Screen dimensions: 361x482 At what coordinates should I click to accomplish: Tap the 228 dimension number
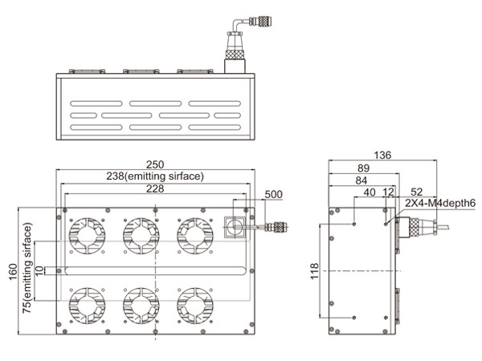155,189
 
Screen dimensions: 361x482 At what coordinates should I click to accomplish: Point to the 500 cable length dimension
273,195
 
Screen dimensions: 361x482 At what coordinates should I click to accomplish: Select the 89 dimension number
363,168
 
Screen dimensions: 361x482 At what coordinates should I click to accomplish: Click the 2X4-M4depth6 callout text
439,204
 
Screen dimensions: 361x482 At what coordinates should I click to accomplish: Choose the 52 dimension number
416,193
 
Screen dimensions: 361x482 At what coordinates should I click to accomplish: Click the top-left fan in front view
86,233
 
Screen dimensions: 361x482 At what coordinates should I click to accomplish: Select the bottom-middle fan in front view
140,305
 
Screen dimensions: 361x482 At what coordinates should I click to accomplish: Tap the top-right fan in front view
194,233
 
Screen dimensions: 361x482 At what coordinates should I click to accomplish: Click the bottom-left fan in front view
86,305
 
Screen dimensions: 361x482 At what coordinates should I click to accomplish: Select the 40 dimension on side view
370,193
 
